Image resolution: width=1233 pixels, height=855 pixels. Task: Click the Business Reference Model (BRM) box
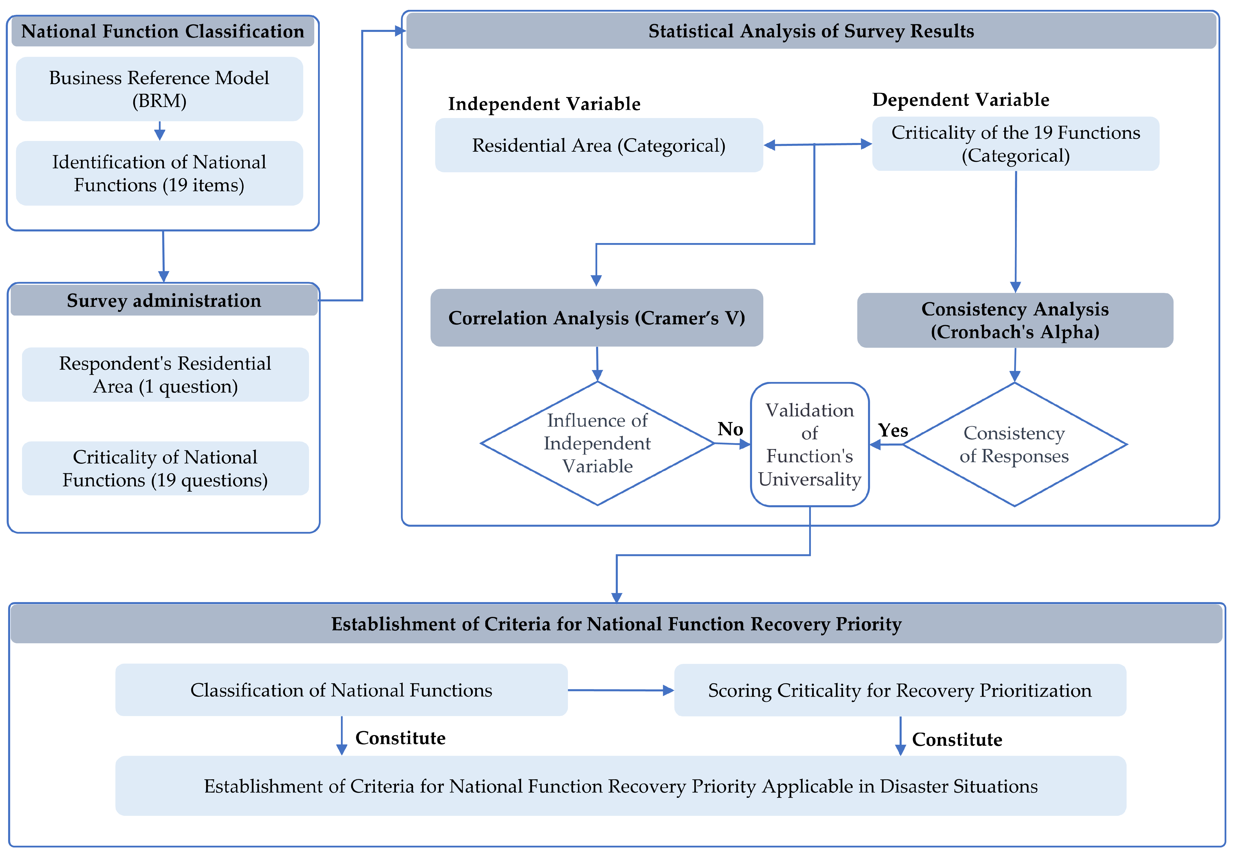(159, 89)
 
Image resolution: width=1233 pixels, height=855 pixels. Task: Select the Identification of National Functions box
(159, 173)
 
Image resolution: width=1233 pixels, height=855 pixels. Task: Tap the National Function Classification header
(163, 31)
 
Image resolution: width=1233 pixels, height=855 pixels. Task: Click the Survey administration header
(164, 300)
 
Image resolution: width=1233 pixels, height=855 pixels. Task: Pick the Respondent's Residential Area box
(165, 374)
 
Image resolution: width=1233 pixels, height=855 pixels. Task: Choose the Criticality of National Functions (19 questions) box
(165, 468)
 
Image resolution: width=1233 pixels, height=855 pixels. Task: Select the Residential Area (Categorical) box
(599, 145)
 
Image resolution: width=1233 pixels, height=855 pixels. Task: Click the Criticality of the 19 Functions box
(1015, 144)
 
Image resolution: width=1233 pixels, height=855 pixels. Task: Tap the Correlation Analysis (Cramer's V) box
(596, 318)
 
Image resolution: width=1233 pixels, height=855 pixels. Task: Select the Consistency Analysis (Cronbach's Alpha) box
(1015, 320)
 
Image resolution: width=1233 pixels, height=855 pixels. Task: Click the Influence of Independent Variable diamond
(597, 443)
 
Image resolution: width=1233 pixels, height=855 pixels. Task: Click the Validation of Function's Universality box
(809, 444)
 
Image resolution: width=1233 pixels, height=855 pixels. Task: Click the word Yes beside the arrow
(892, 430)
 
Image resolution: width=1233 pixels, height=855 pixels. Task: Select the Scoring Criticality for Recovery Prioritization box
(899, 690)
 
